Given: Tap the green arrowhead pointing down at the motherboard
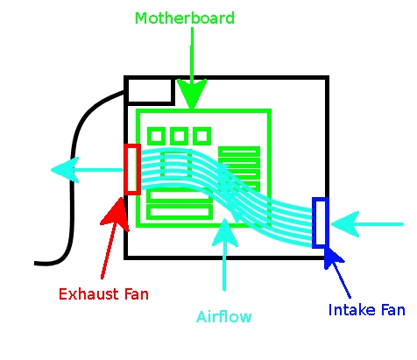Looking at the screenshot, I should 192,93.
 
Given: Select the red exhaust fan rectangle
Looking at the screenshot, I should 132,168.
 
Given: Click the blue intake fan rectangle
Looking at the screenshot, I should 320,222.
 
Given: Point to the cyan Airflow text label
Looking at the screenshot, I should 225,316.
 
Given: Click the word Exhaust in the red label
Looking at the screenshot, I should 85,294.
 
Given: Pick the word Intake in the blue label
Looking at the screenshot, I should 348,310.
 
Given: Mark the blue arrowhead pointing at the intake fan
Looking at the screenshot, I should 331,258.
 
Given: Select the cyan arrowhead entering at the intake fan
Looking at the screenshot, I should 343,224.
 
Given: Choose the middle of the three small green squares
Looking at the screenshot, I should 179,136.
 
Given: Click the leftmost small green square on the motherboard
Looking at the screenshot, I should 157,136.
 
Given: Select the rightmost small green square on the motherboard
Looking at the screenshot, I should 201,136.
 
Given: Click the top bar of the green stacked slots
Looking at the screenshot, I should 239,152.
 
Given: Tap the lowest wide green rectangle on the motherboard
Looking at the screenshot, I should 180,212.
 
